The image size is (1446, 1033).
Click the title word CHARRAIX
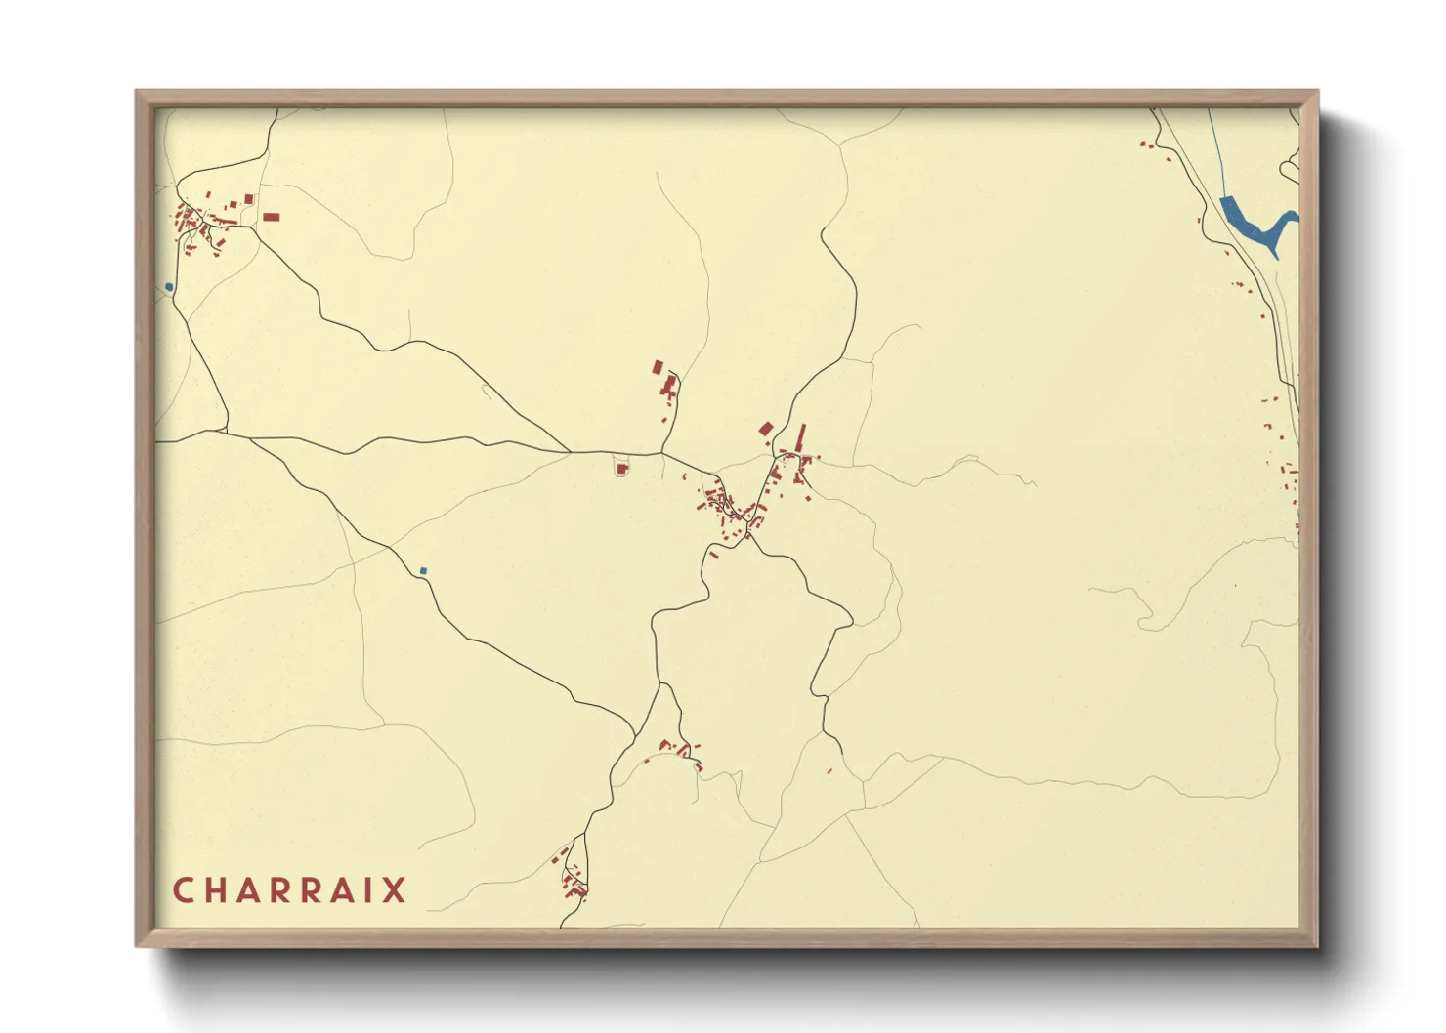coord(289,890)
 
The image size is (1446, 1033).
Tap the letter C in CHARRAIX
coord(183,890)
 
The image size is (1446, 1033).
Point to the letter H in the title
coord(216,890)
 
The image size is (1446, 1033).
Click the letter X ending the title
coord(394,890)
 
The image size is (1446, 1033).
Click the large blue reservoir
coord(1251,224)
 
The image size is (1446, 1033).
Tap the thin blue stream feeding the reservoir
coord(1214,146)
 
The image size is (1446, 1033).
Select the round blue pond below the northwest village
coord(169,287)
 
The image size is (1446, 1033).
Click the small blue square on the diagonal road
coord(423,570)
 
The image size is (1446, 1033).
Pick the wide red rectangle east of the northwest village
coord(272,217)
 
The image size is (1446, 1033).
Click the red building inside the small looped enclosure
coord(621,470)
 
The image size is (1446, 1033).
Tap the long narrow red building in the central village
coord(802,436)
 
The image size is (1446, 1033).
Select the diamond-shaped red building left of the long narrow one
coord(766,429)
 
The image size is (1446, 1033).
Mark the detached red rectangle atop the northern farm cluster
coord(659,367)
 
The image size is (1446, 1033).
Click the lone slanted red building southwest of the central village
coord(714,555)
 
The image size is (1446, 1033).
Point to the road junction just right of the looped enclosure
coord(662,453)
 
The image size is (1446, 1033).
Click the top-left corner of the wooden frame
coord(137,92)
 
